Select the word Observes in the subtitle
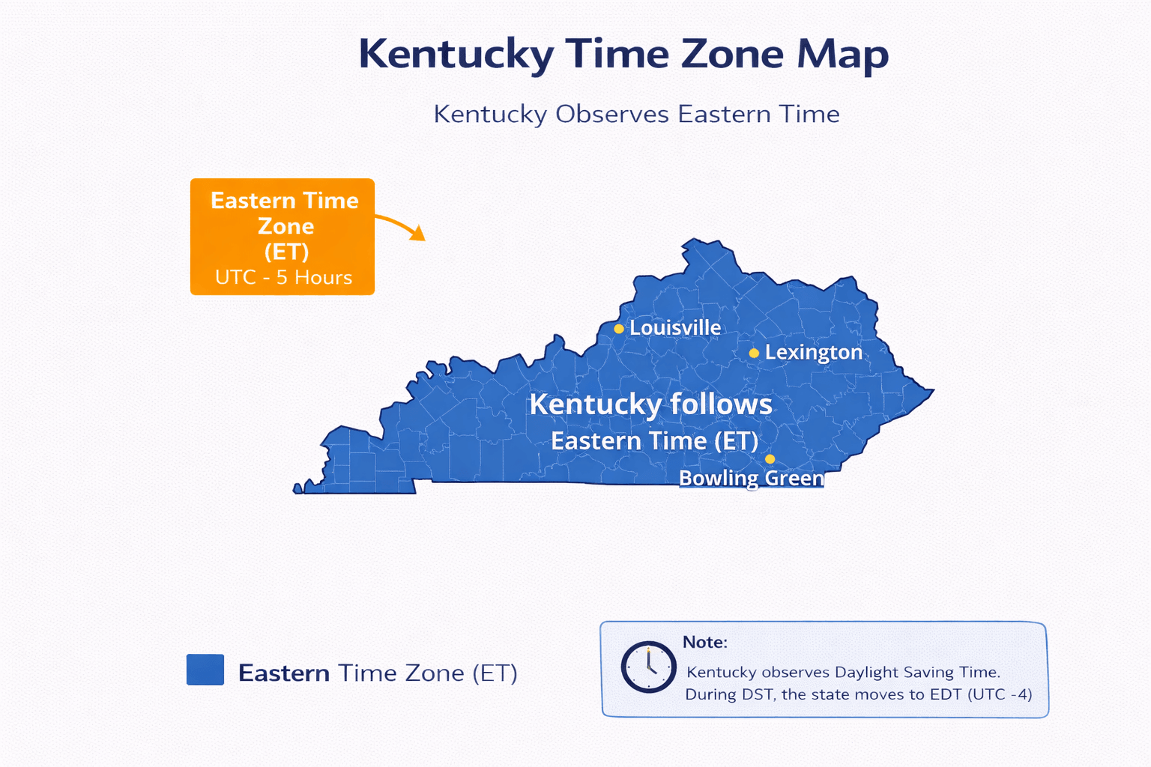pos(611,115)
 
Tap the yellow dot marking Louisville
pos(619,329)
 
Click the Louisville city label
pos(675,328)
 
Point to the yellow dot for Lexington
pos(754,353)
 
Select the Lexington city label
pos(814,353)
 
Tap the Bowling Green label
pos(751,479)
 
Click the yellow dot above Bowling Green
pos(770,459)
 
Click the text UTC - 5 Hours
pos(283,278)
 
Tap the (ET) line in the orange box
pos(286,252)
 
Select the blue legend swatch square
pos(205,670)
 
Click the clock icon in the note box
pos(648,667)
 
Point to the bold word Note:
pos(704,643)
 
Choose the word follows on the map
pos(721,404)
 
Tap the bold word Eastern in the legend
pos(284,673)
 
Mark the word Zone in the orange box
pos(286,226)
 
